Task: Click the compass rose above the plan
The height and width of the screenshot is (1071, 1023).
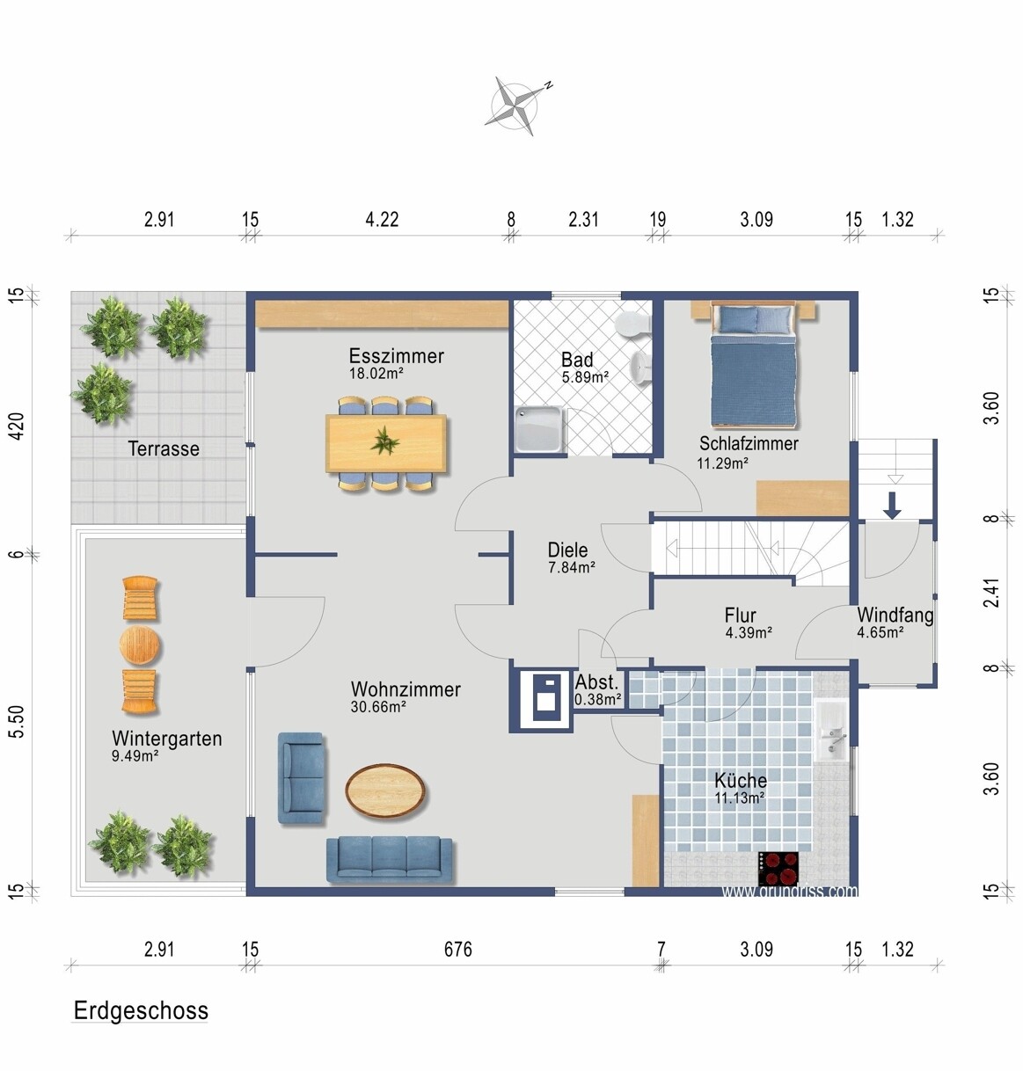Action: coord(517,106)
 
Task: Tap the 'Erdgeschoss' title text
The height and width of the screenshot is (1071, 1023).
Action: coord(141,1011)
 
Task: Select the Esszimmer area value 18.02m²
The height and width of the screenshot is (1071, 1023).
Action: coord(376,374)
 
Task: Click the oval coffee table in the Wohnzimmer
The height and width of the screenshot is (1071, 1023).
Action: coord(385,790)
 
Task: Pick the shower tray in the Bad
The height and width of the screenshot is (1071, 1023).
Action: coord(539,429)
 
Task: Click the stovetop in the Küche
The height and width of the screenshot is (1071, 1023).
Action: coord(778,869)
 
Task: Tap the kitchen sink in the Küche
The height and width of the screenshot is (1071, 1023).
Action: coord(832,731)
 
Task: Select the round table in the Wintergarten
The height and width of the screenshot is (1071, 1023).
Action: coord(141,645)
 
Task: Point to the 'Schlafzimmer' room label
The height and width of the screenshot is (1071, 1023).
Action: coord(749,443)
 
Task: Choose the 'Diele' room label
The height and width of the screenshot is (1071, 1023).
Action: coord(567,550)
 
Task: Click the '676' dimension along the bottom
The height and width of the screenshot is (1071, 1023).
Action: coord(458,950)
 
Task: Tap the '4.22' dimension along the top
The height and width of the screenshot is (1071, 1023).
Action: coord(382,220)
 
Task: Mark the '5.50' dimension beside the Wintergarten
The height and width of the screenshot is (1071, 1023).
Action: coord(18,722)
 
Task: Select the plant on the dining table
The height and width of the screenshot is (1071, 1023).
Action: coord(385,442)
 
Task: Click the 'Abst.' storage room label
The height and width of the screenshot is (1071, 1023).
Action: coord(597,683)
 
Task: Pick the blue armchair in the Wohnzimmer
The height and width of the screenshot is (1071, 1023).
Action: coord(301,778)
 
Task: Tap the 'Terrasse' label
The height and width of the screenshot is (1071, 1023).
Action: coord(164,448)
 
